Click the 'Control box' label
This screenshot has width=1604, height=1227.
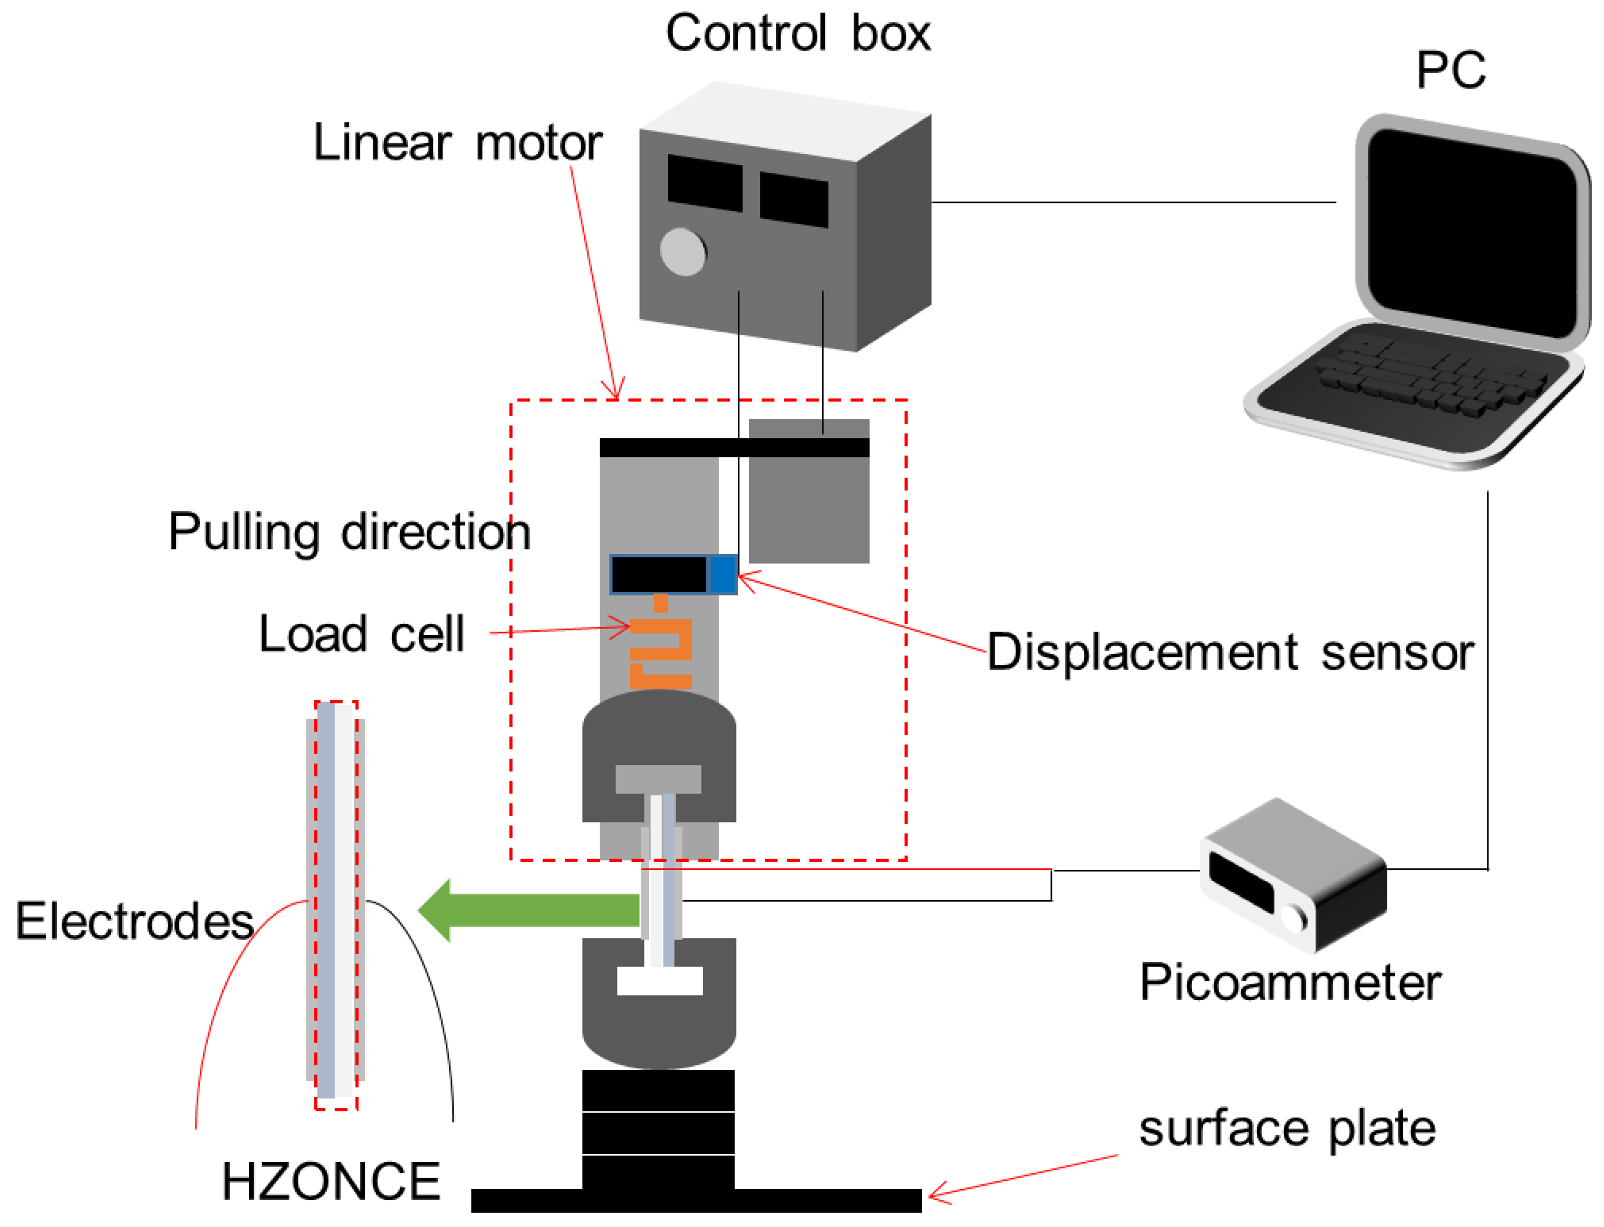(798, 34)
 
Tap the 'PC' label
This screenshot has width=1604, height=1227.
(1451, 71)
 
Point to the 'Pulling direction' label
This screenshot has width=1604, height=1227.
(350, 533)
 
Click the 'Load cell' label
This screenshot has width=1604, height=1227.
(362, 633)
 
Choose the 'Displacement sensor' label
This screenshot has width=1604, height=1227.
(1231, 652)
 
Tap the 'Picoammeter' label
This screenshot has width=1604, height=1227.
(1291, 983)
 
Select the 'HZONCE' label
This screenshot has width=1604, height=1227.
(331, 1182)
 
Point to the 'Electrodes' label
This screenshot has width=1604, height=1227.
(135, 921)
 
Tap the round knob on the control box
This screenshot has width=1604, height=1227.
(683, 252)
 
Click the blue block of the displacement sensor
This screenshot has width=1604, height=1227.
(723, 575)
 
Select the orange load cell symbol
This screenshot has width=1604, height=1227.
(661, 643)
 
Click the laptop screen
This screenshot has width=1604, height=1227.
(1471, 234)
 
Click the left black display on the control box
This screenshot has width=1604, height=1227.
(705, 183)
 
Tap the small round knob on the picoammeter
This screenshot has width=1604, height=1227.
(1294, 920)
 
